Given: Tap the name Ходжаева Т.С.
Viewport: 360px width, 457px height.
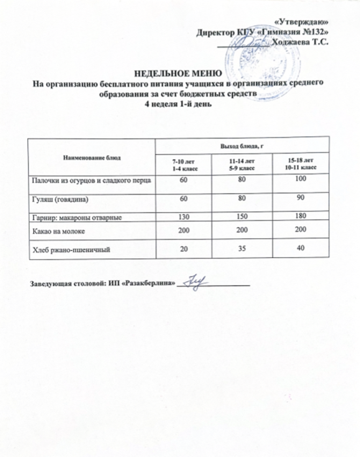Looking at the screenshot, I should pyautogui.click(x=299, y=41).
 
